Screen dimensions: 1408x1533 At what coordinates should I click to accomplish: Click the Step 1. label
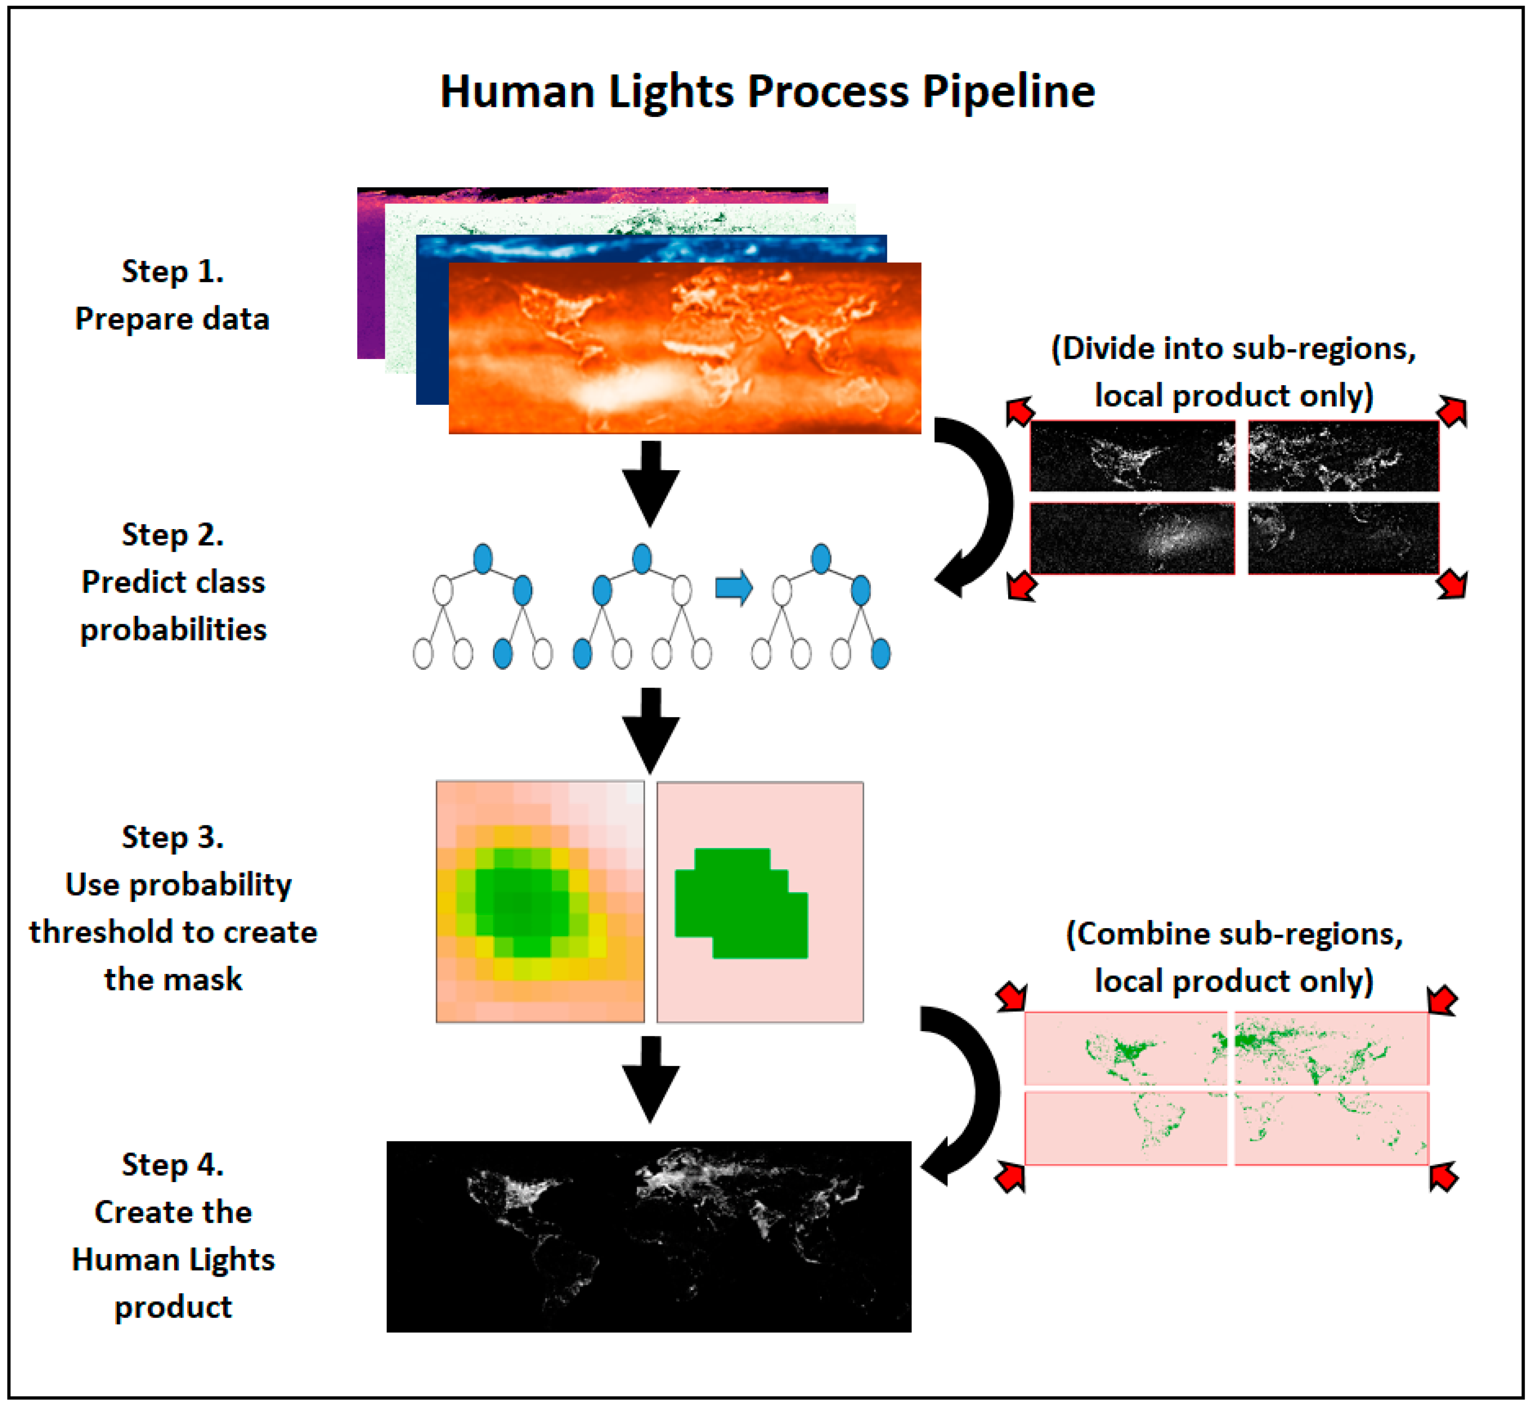(x=173, y=271)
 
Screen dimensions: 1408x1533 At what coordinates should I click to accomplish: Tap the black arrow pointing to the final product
(x=650, y=1078)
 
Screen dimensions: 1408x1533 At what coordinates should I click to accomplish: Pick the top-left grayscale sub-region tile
(x=1132, y=456)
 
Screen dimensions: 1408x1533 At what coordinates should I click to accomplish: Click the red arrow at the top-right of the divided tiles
(x=1451, y=411)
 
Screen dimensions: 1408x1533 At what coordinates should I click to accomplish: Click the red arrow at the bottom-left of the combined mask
(x=1010, y=1177)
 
